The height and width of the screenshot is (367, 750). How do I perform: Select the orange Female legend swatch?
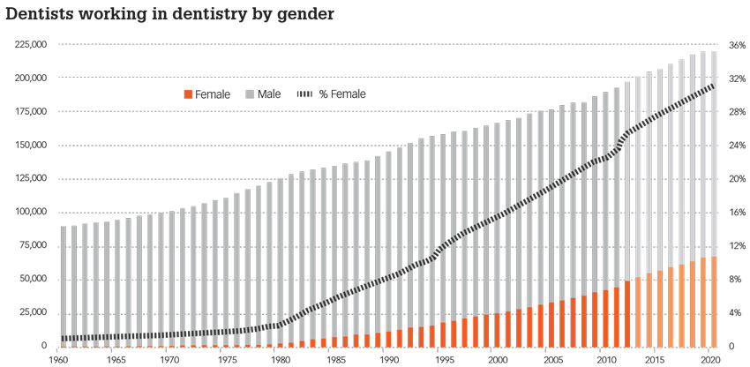tap(186, 94)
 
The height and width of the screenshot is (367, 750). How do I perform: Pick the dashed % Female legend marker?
tap(308, 94)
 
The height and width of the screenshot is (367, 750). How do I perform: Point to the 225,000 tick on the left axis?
tap(29, 44)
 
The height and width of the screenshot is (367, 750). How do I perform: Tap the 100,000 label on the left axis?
tap(29, 213)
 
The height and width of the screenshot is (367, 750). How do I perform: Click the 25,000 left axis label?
tap(32, 313)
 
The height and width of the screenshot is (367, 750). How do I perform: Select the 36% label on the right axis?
tap(734, 44)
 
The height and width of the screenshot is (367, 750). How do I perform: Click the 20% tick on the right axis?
tap(734, 179)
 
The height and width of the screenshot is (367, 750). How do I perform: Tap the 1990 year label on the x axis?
tap(387, 360)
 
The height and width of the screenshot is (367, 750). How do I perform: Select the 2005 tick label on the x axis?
tap(551, 360)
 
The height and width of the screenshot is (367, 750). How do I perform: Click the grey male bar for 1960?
tap(64, 282)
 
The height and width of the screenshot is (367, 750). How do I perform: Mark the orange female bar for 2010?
tap(605, 318)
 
